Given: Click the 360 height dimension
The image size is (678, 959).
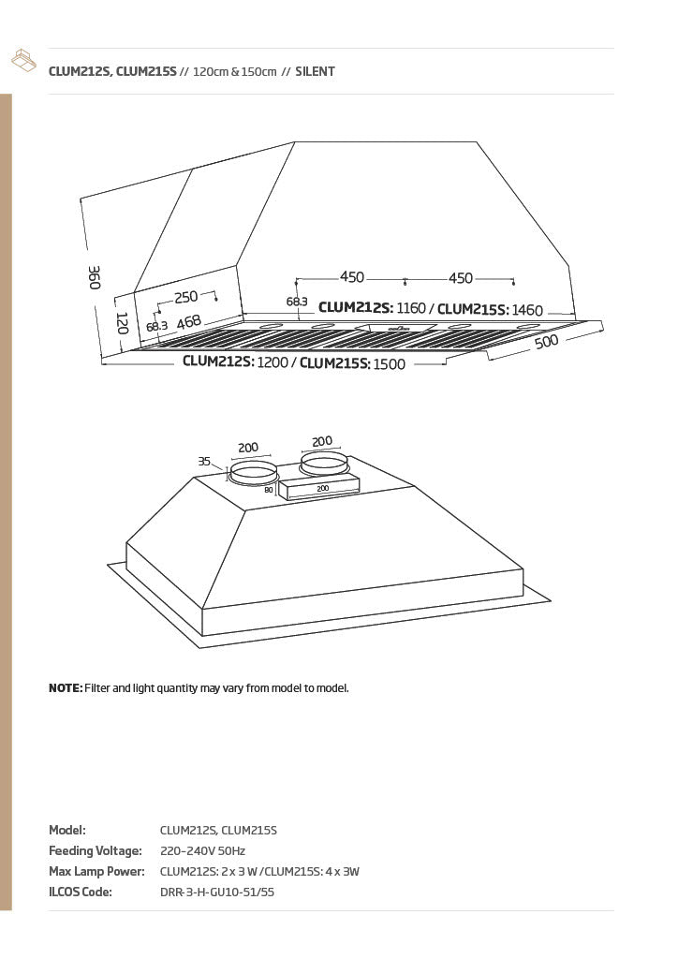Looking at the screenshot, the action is [95, 277].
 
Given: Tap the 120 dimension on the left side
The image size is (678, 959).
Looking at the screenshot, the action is [122, 323].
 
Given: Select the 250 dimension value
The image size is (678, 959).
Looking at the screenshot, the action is [185, 297].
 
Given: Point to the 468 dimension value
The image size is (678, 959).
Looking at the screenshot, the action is [189, 322].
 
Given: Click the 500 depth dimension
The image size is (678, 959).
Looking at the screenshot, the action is [547, 341].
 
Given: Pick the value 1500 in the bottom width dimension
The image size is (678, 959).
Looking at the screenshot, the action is [389, 364].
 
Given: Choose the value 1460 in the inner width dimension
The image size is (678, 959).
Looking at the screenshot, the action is [527, 310].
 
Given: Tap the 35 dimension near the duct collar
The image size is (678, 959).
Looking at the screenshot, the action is [204, 461].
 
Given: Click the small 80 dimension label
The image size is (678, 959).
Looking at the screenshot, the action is [269, 490].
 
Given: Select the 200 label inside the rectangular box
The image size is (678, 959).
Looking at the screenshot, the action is [323, 488].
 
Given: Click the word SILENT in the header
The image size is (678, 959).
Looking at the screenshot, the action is [315, 71].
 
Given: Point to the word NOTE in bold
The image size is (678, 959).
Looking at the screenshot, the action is [66, 688].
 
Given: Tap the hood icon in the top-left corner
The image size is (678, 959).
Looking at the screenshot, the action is [23, 60].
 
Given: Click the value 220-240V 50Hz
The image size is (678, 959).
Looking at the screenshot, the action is [202, 850].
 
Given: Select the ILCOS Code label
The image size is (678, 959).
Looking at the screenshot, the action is [81, 892].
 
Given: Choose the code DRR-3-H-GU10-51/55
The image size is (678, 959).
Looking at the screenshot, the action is [217, 892].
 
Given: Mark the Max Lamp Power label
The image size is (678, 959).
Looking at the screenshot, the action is [96, 871].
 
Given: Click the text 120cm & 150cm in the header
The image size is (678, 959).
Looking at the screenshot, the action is [235, 71].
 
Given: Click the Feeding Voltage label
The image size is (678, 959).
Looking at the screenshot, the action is [96, 850].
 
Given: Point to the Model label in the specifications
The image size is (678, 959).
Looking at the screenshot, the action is [67, 830].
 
